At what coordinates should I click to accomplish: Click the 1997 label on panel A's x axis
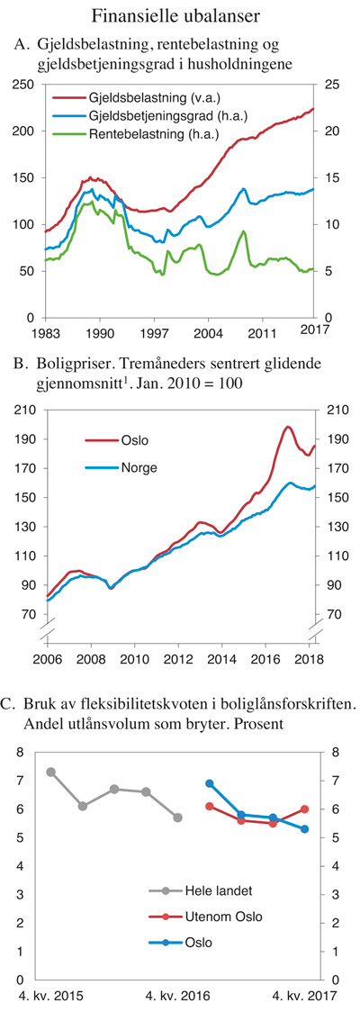click(155, 331)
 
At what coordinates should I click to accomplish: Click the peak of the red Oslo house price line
click(288, 427)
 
